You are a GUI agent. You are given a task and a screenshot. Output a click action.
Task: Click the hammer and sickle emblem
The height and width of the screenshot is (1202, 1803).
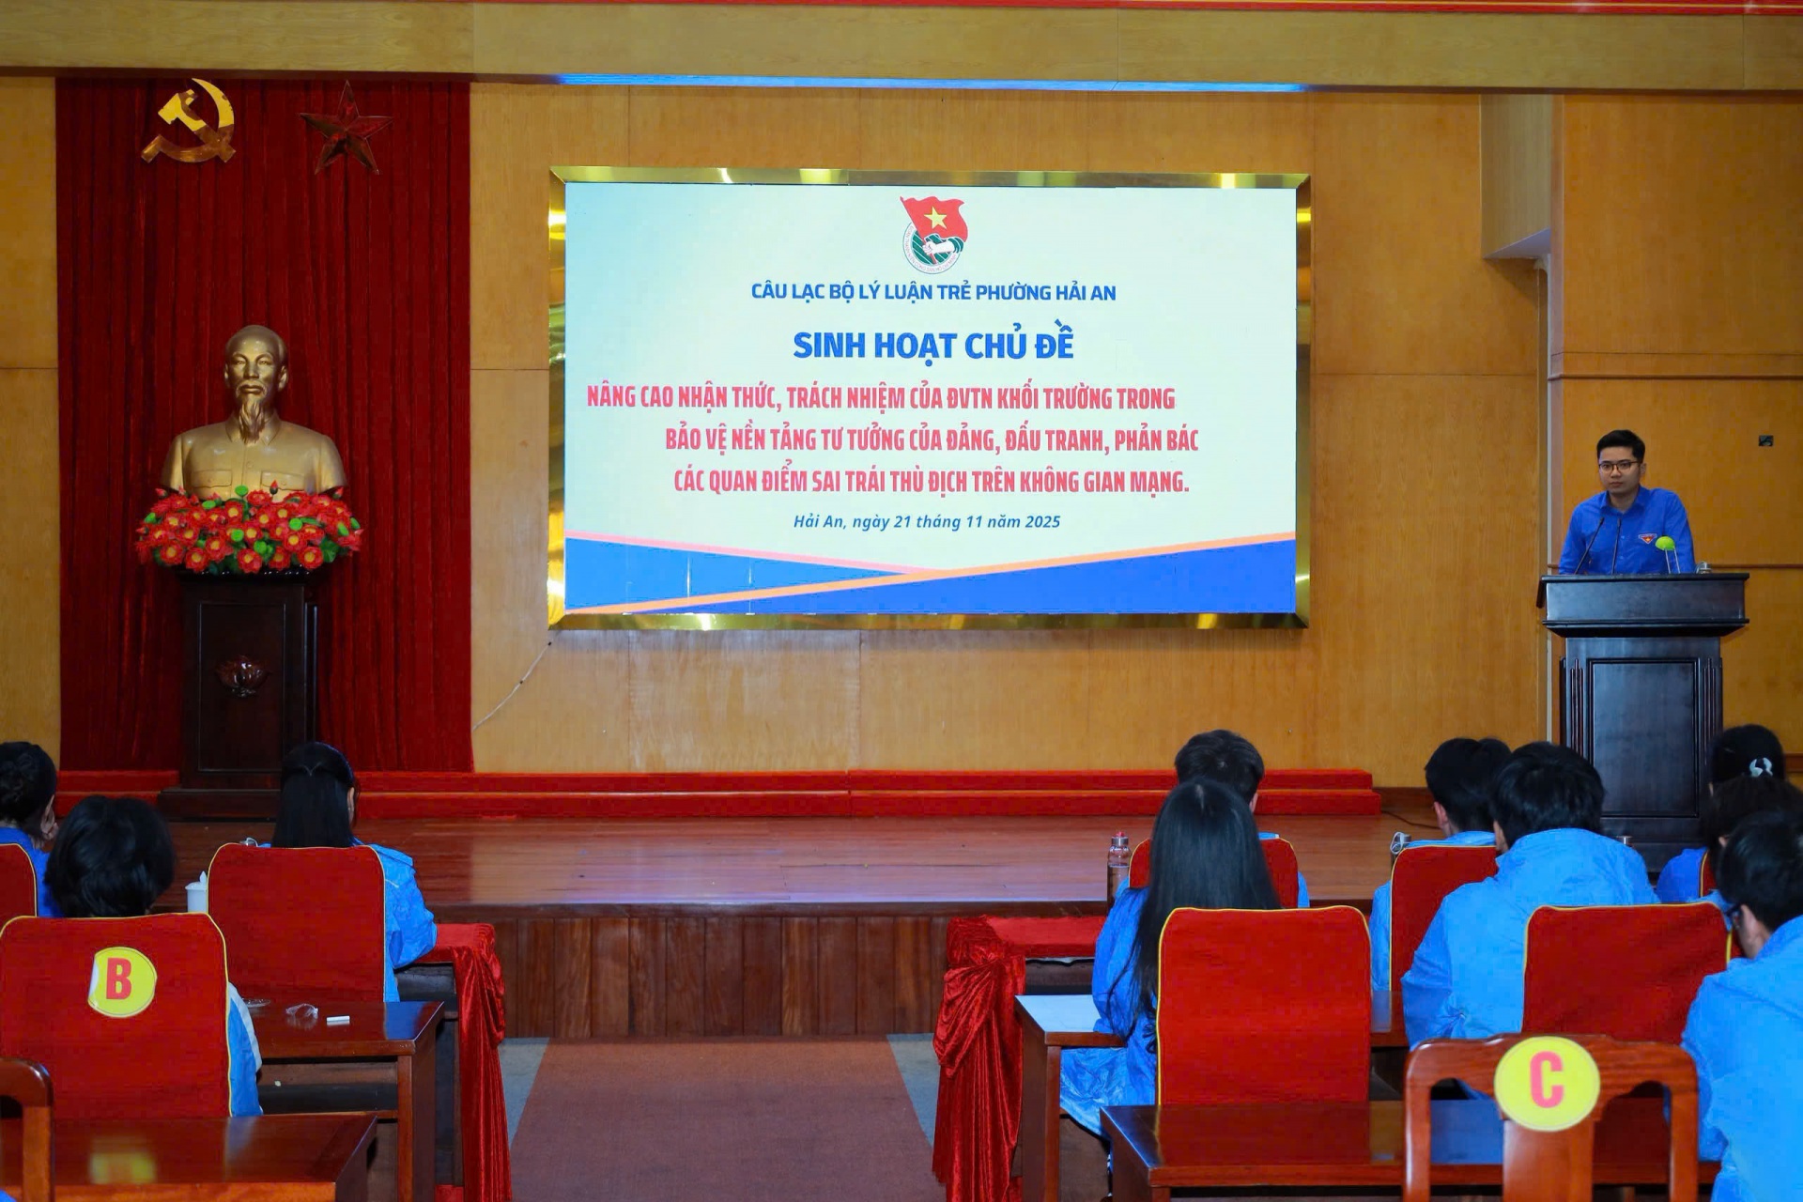191,122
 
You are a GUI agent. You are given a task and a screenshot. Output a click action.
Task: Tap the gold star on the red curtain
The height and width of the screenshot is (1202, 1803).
346,127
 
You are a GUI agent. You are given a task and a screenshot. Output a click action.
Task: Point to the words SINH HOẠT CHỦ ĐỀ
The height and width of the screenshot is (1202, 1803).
932,346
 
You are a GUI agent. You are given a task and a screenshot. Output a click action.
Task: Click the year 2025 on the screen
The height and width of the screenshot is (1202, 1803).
1041,521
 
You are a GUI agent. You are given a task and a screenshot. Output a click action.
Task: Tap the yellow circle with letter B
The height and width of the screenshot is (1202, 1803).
122,981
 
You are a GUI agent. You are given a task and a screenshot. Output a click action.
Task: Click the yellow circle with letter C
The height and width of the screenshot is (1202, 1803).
1546,1083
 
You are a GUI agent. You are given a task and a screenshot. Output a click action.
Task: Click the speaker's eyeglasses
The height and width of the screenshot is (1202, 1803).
1619,466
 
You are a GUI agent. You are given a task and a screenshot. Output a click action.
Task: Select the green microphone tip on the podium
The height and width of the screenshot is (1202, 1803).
1665,544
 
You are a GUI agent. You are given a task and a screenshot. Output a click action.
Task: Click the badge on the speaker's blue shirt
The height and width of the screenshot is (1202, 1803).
1648,538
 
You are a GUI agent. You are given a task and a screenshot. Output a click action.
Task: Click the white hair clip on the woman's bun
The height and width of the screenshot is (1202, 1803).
1759,767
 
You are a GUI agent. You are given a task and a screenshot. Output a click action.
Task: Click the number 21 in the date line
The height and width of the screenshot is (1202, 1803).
902,521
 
